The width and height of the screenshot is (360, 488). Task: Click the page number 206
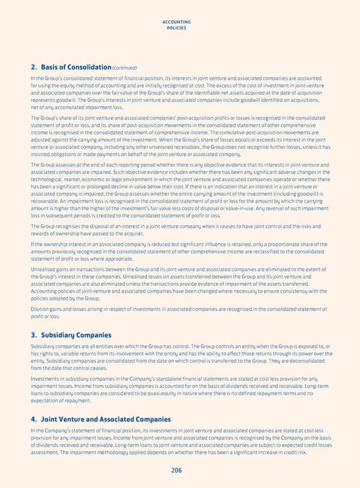click(176, 471)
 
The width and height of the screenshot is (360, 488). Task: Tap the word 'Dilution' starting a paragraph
click(40, 309)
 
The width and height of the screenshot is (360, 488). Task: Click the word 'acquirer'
click(161, 234)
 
